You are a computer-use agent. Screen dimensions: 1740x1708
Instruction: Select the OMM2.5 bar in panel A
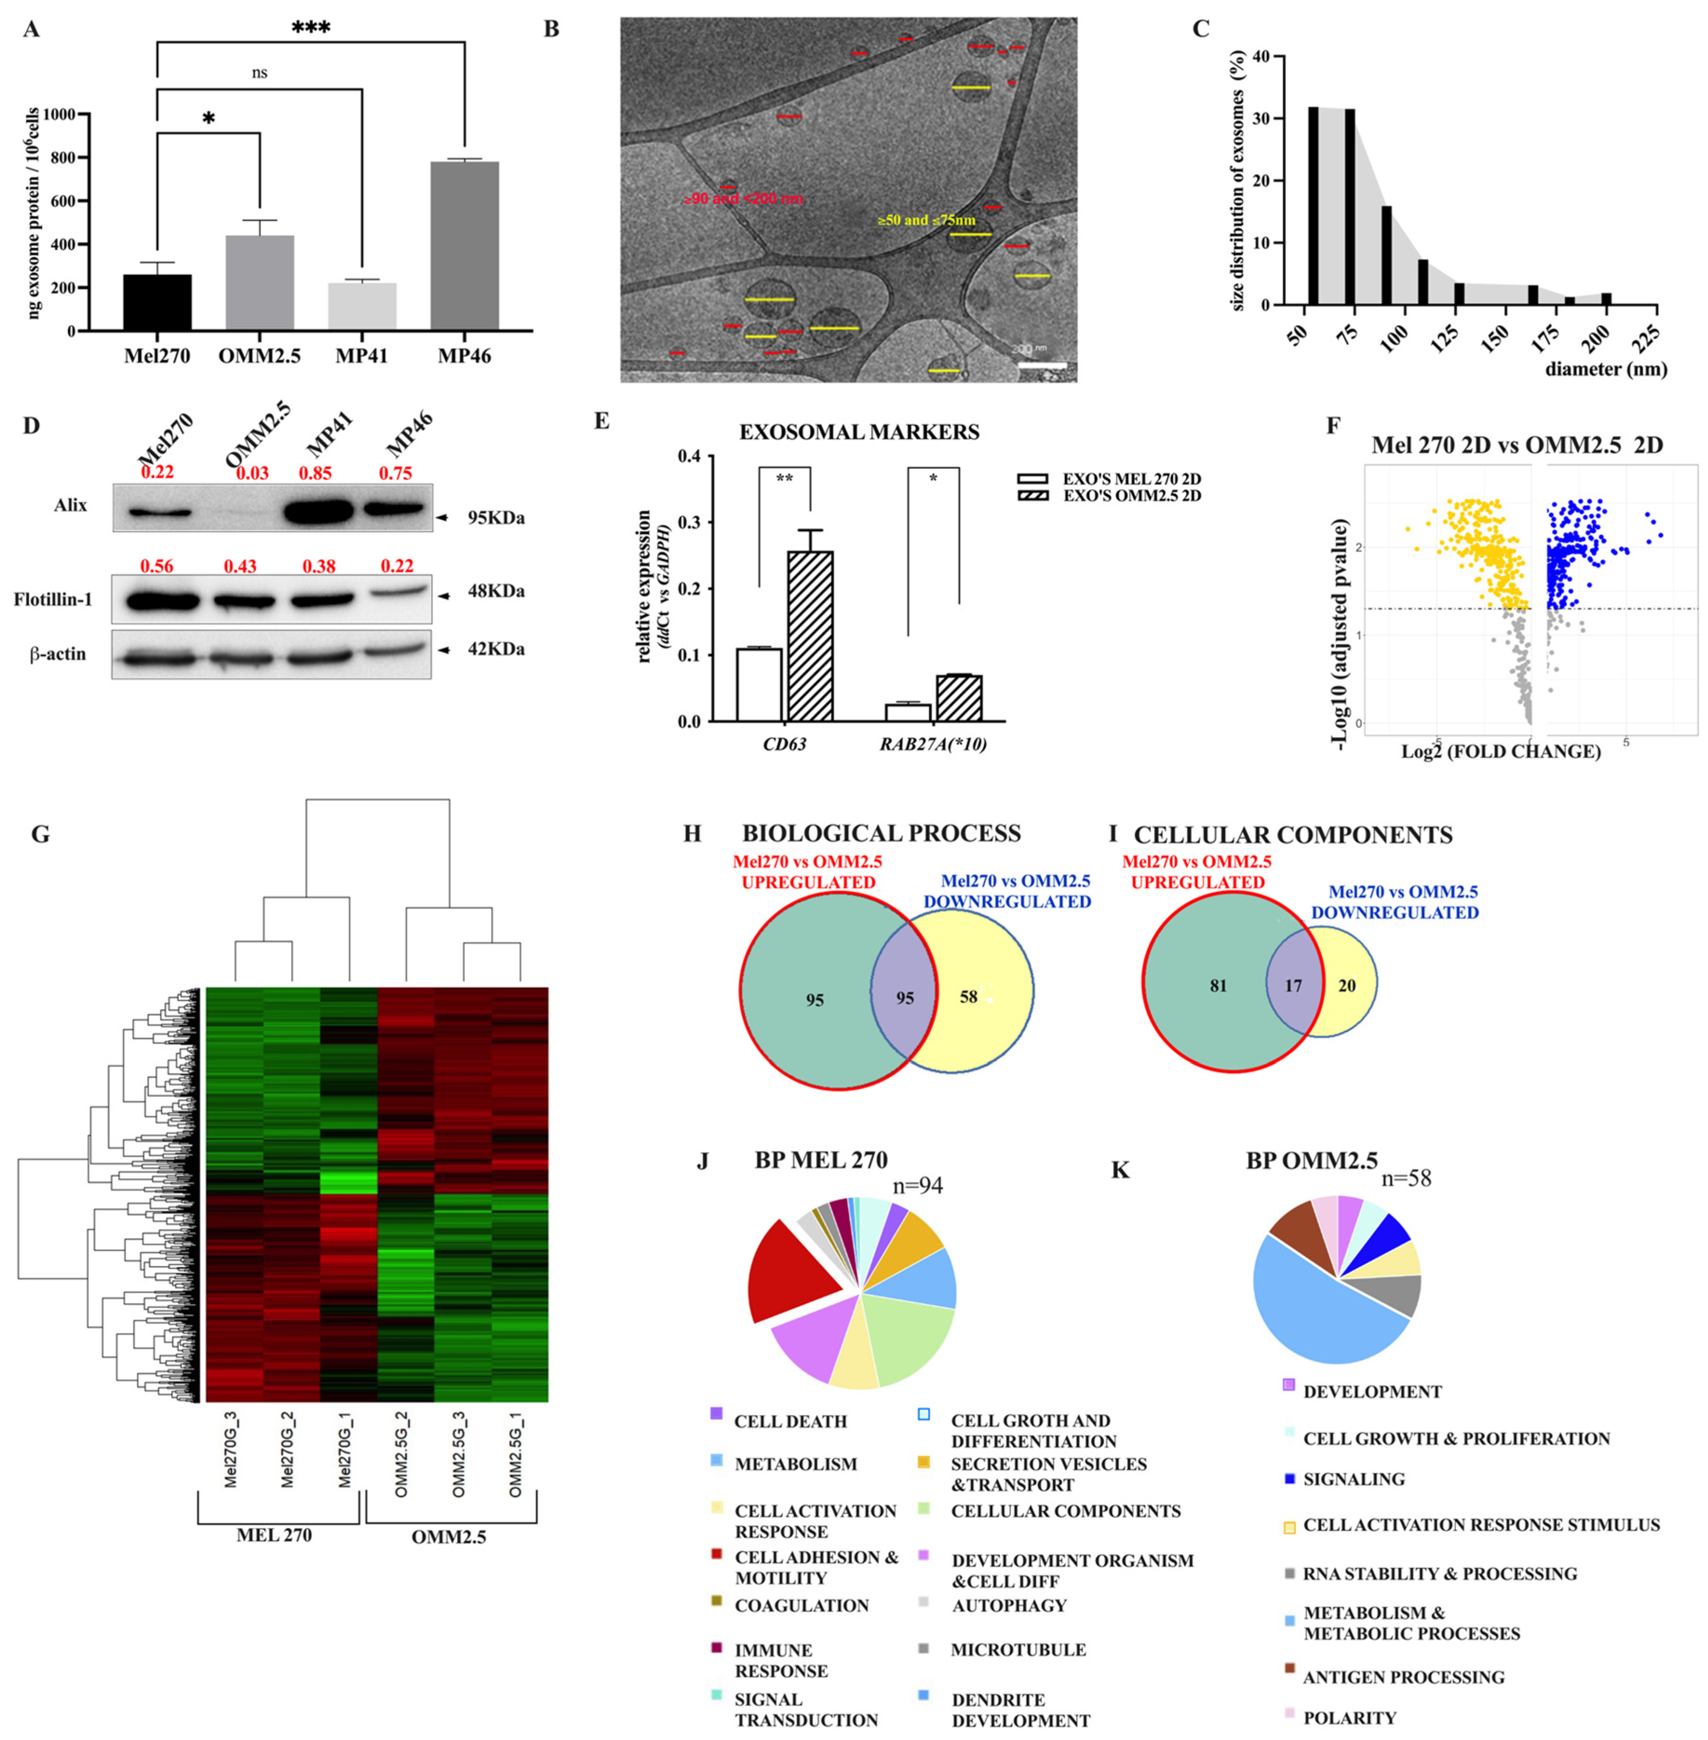259,282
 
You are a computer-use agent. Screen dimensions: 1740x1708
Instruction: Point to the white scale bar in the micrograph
1042,365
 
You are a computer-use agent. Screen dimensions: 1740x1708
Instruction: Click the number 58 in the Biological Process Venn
968,996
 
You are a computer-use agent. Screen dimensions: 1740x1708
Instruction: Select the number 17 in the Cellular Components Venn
1293,986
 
